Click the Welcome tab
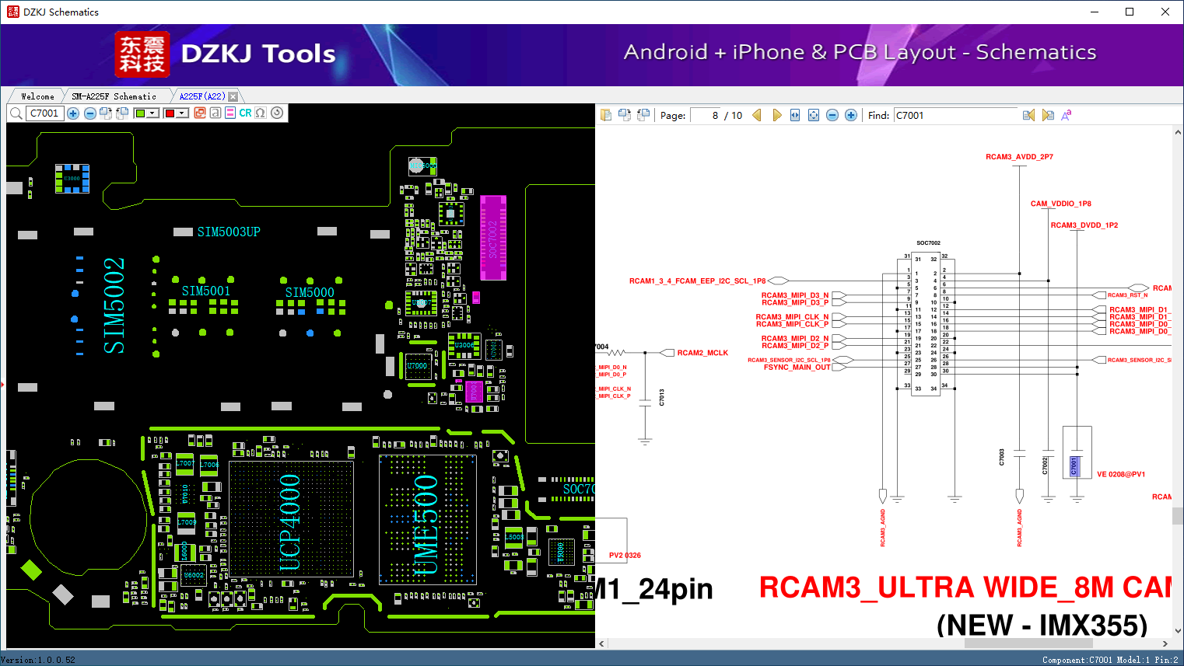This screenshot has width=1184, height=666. [x=37, y=96]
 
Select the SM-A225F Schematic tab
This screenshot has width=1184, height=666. [x=114, y=96]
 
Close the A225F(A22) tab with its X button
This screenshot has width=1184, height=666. [x=233, y=96]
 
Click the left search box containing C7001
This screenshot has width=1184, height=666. [x=44, y=113]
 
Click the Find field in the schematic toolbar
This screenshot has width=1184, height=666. [x=955, y=116]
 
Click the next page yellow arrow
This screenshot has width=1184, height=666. [x=776, y=116]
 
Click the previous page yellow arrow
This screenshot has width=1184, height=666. [x=756, y=116]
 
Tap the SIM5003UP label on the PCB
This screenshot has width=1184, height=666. [x=229, y=232]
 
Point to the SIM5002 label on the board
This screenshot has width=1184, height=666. [x=114, y=305]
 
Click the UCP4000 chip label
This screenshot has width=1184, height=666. [x=289, y=521]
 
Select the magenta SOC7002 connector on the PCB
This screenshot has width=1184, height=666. [x=493, y=238]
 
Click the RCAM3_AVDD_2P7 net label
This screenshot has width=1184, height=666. [x=1019, y=157]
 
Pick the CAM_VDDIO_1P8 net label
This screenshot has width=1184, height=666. [x=1060, y=204]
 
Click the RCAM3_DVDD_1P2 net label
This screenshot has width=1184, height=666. [x=1084, y=225]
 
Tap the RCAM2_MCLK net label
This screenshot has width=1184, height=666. [x=702, y=353]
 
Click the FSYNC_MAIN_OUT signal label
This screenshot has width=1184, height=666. [x=797, y=368]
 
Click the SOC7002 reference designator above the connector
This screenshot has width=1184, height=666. [x=928, y=243]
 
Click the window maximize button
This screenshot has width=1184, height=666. [x=1130, y=12]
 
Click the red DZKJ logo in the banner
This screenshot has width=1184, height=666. [x=142, y=54]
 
